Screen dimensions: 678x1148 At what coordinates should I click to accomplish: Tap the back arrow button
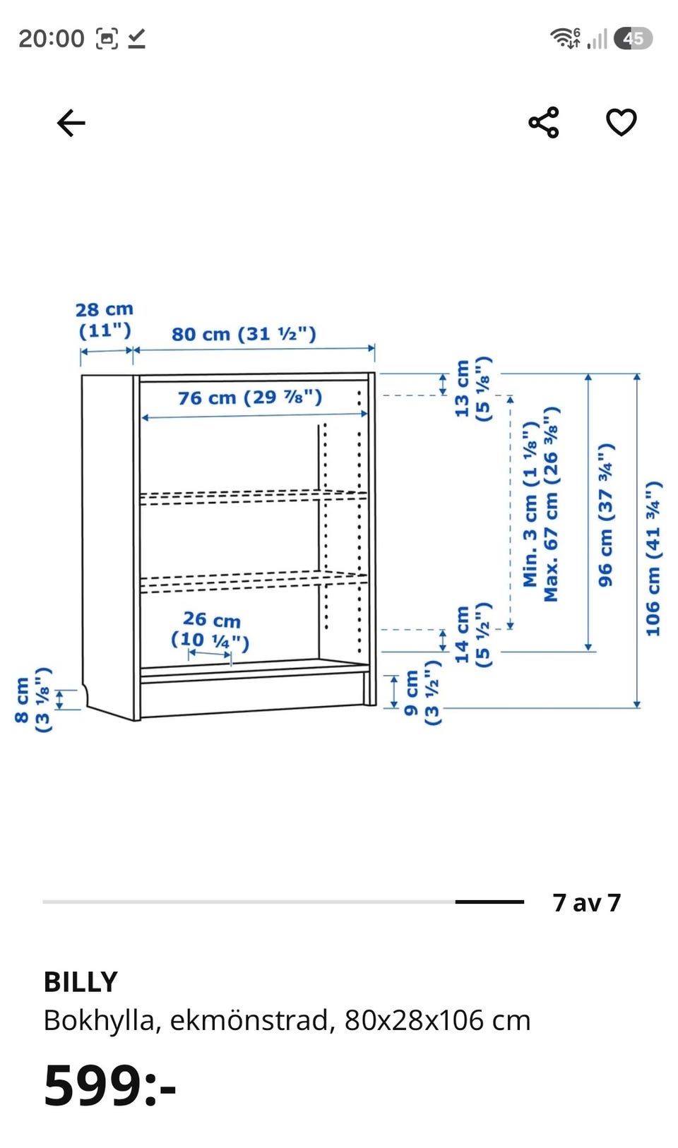pyautogui.click(x=71, y=123)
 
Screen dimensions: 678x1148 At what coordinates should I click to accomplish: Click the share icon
pyautogui.click(x=543, y=122)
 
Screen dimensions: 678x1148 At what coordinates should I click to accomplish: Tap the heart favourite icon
pyautogui.click(x=621, y=122)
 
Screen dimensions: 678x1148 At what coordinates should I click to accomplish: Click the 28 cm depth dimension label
pyautogui.click(x=105, y=320)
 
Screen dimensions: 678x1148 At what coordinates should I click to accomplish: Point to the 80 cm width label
pyautogui.click(x=244, y=334)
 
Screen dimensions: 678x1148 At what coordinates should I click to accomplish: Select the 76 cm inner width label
pyautogui.click(x=250, y=397)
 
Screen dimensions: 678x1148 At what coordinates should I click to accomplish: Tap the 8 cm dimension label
pyautogui.click(x=33, y=700)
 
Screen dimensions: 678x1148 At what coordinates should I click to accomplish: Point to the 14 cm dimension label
pyautogui.click(x=472, y=635)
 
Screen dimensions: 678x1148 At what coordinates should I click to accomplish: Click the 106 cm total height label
pyautogui.click(x=653, y=559)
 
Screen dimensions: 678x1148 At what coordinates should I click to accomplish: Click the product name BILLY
pyautogui.click(x=81, y=982)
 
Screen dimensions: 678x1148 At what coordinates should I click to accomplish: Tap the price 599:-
pyautogui.click(x=109, y=1085)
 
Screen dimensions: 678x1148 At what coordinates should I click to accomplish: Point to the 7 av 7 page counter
pyautogui.click(x=587, y=902)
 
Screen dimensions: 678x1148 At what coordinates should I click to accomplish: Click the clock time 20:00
pyautogui.click(x=52, y=38)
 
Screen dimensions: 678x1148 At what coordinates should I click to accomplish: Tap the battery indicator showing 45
pyautogui.click(x=634, y=38)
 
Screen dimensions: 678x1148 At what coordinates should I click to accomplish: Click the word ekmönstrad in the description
pyautogui.click(x=249, y=1020)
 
